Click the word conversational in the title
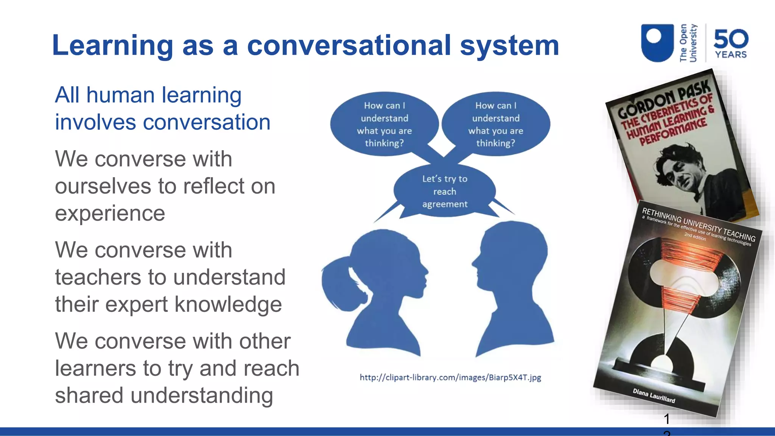click(x=349, y=45)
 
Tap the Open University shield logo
click(x=657, y=42)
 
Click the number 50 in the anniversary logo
click(x=731, y=39)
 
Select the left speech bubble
click(x=384, y=124)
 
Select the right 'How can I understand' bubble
click(x=496, y=124)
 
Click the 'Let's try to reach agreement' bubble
click(x=445, y=191)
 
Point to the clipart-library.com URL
click(x=450, y=377)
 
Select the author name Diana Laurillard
click(x=654, y=395)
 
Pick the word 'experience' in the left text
click(x=110, y=213)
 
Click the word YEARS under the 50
click(x=731, y=55)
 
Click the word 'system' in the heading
click(x=509, y=45)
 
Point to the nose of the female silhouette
click(x=427, y=271)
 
